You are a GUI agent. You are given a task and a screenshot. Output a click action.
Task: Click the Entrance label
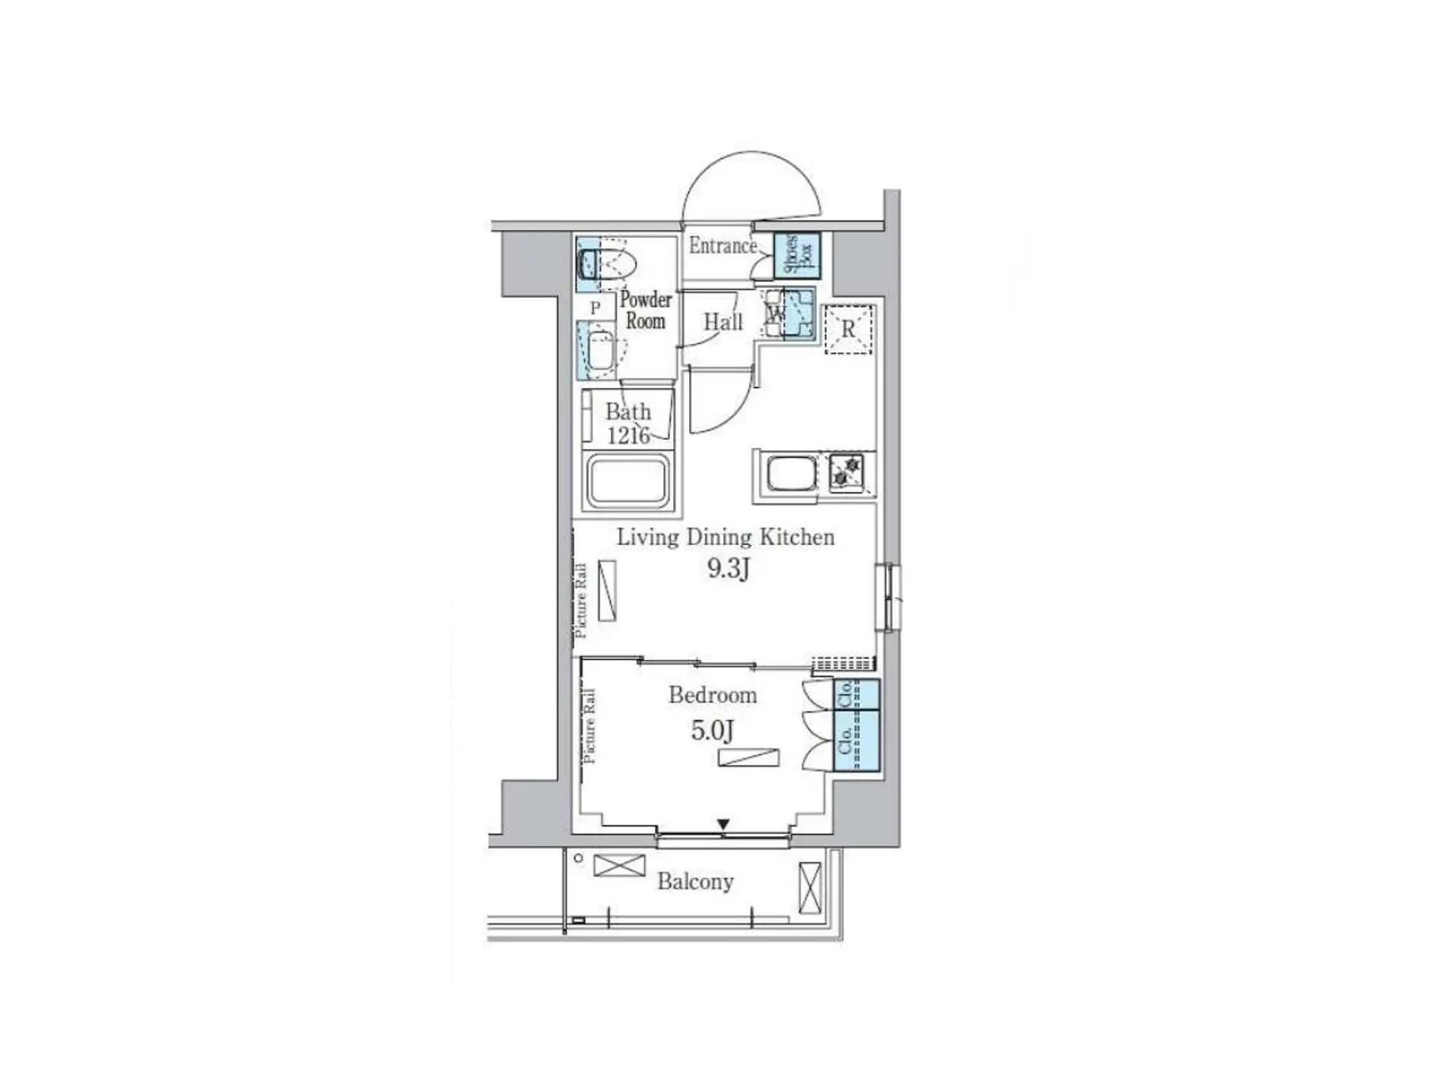coord(722,246)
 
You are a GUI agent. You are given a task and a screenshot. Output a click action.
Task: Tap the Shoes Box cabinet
coord(796,254)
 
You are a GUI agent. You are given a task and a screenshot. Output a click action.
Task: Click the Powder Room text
coord(645,310)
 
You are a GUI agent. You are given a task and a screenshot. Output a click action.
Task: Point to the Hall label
coord(722,322)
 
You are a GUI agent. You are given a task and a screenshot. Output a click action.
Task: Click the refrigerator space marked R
coord(848,329)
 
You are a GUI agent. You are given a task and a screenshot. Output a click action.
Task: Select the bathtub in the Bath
coord(628,481)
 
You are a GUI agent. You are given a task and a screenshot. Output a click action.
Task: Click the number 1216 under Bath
coord(628,435)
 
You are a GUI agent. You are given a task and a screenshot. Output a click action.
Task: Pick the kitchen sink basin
coord(792,474)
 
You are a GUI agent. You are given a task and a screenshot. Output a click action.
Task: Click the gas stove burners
coord(846,471)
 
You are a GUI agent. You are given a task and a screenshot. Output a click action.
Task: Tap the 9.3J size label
coord(728,568)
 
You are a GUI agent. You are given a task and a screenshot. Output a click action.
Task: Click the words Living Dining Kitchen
coord(725,538)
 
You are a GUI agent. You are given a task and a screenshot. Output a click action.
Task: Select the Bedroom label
coord(712,695)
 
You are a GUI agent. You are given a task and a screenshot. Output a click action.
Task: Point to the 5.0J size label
coord(712,731)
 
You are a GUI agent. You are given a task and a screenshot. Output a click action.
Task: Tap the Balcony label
coord(694,882)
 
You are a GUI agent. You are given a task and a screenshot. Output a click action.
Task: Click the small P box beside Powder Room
coord(595,308)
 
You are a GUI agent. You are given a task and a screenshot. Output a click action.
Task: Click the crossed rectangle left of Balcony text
coord(619,866)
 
